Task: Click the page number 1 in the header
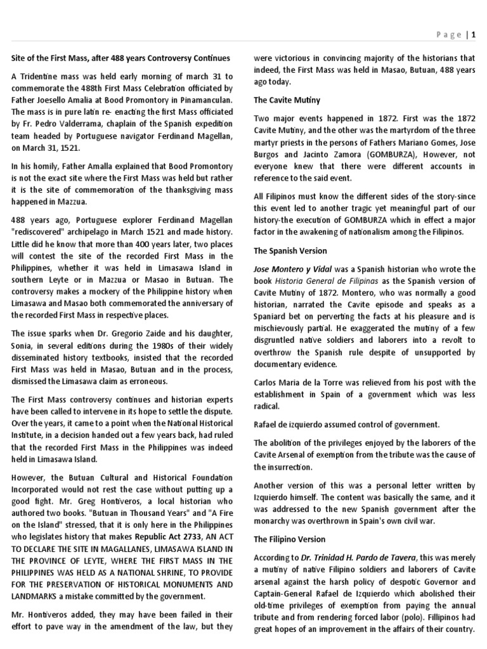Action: [472, 35]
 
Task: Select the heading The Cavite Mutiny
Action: [287, 100]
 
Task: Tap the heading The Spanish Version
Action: [291, 251]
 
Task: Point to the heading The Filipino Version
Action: [290, 539]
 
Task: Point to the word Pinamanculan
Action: [202, 100]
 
